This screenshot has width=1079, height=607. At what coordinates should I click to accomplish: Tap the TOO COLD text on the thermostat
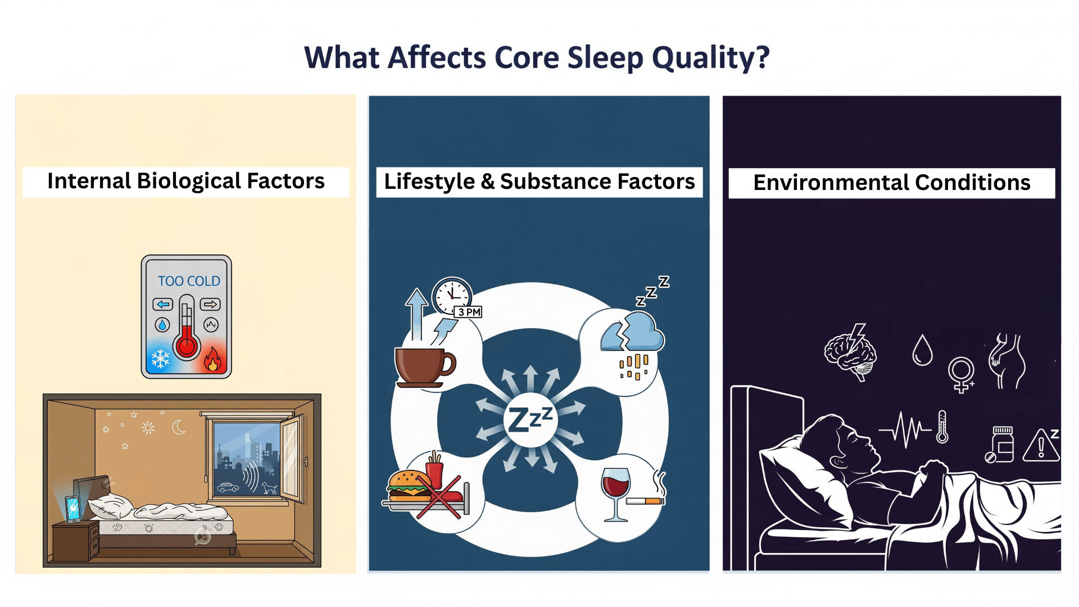[x=189, y=281]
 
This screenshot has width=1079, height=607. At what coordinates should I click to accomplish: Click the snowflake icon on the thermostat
[x=161, y=359]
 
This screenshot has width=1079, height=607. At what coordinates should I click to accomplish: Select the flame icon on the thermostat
[x=212, y=360]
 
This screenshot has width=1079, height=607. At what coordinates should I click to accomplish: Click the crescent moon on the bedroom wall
[x=179, y=428]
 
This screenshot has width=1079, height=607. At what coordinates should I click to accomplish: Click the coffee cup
[x=423, y=366]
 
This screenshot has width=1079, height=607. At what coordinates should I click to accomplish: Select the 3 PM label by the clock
[x=469, y=312]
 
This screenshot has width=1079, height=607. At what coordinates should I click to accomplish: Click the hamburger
[x=409, y=486]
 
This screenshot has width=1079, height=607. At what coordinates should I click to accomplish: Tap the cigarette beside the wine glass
[x=645, y=500]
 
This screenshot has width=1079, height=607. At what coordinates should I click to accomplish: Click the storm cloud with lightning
[x=632, y=334]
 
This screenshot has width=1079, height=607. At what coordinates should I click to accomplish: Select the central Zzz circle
[x=531, y=420]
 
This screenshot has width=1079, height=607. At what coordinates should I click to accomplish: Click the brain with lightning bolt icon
[x=850, y=352]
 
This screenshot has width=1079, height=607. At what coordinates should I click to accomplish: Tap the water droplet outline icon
[x=922, y=351]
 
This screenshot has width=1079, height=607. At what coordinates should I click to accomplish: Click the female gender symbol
[x=961, y=374]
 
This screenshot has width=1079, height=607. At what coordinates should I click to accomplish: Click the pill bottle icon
[x=1001, y=444]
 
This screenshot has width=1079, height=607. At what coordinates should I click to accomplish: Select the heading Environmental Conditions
[x=891, y=183]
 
